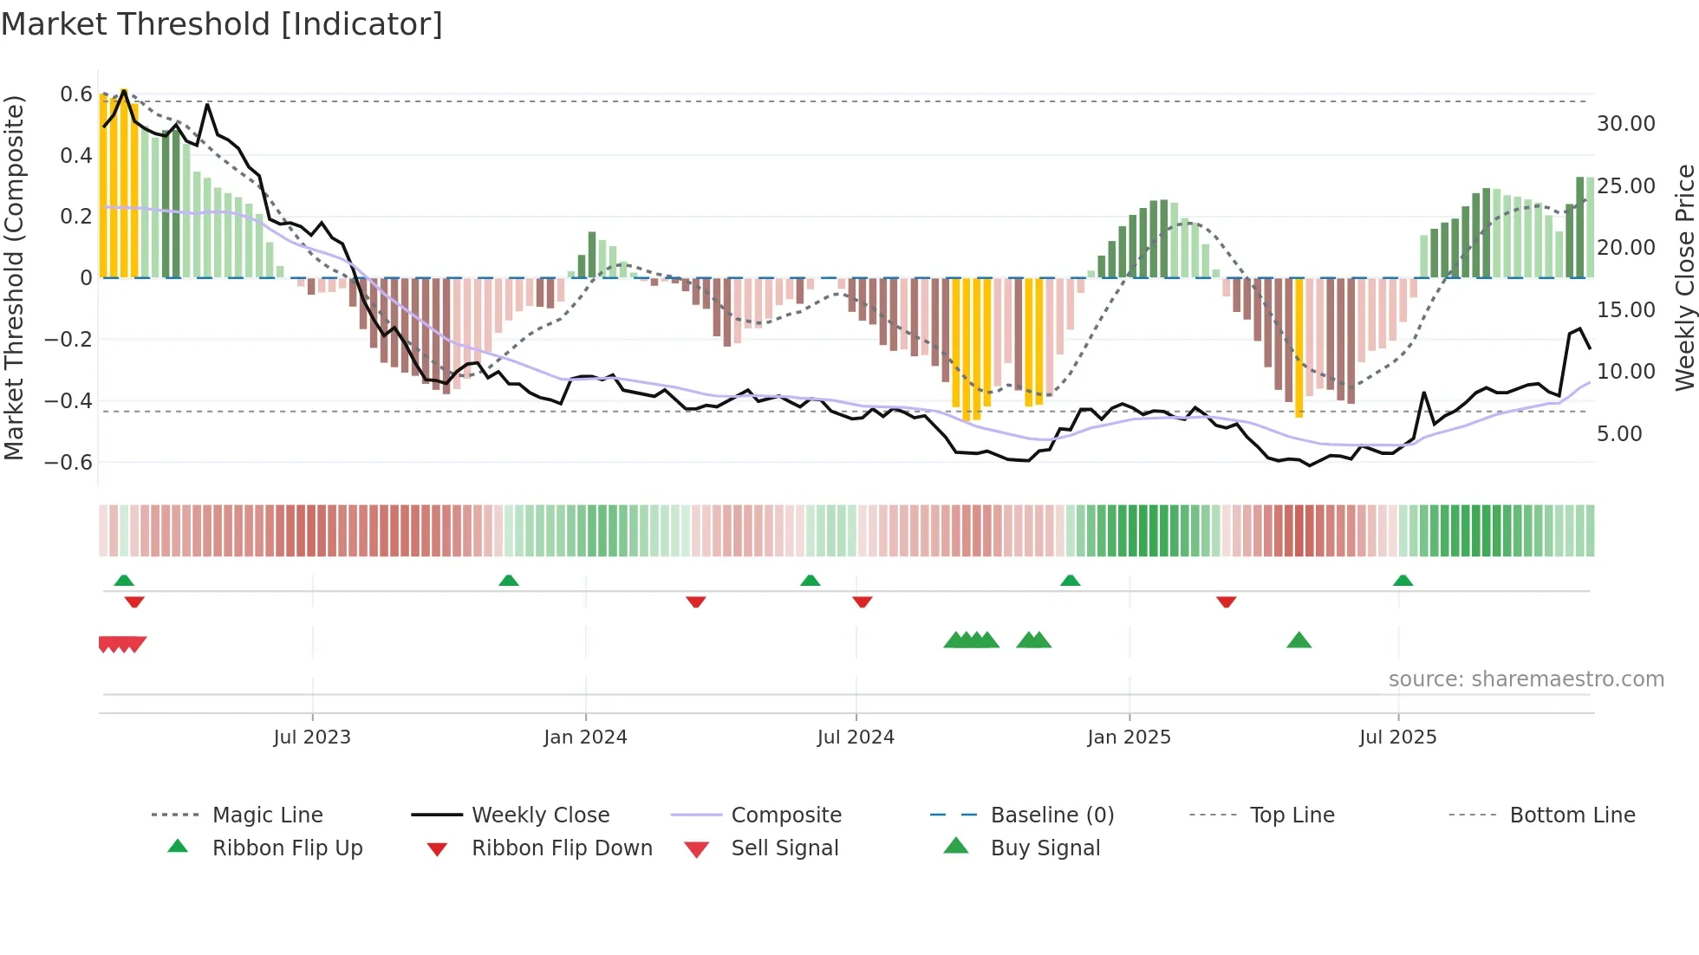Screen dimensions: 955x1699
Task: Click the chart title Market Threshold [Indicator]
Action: (222, 24)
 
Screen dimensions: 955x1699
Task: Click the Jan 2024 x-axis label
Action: (585, 737)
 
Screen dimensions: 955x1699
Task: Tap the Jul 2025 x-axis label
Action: (1397, 737)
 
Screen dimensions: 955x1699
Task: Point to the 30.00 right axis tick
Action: (1625, 124)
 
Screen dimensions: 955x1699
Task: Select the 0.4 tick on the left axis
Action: (75, 155)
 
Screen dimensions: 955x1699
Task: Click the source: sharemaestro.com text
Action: (1526, 679)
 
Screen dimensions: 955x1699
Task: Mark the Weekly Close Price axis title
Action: (1684, 277)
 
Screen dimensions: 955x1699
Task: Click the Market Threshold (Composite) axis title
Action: (14, 277)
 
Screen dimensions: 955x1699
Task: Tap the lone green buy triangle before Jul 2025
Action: (1299, 640)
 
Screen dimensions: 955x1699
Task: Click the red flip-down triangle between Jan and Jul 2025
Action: (1226, 601)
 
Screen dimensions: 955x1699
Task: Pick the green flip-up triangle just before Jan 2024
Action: (509, 580)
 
